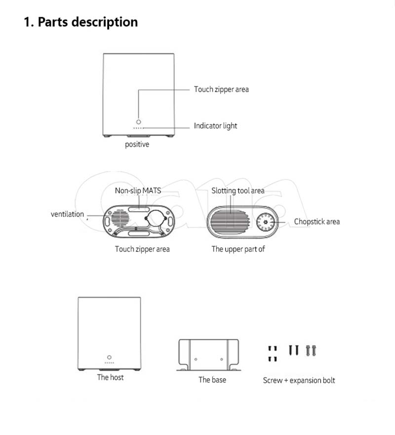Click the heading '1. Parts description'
81,22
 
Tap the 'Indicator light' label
215,126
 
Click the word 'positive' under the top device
137,145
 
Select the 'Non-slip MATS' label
138,190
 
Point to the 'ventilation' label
67,214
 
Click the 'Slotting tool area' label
237,190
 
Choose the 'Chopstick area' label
316,221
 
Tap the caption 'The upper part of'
238,249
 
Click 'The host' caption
110,377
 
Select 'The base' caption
212,379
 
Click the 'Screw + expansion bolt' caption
299,380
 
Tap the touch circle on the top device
139,121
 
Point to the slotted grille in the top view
229,220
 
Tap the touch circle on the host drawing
109,357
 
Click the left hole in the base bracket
196,359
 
